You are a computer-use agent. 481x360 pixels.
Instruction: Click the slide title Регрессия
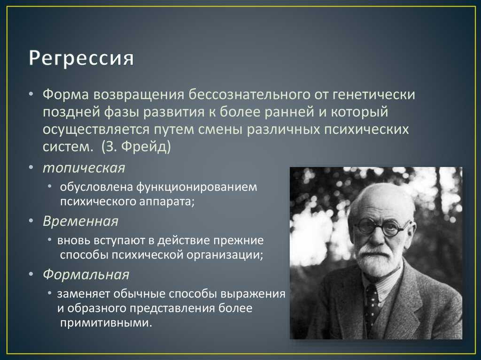[x=81, y=58]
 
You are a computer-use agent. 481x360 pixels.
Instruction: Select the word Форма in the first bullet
[x=66, y=94]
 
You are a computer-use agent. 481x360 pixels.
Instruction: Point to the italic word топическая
[x=84, y=169]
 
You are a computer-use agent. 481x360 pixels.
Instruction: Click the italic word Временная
[x=80, y=222]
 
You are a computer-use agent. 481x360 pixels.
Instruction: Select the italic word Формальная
[x=86, y=275]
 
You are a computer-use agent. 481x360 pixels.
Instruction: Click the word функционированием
[x=197, y=187]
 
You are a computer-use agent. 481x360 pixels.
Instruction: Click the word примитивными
[x=106, y=323]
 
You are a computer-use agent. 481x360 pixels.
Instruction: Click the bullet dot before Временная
[x=31, y=221]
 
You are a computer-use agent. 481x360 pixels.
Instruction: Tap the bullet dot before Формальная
[x=31, y=274]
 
